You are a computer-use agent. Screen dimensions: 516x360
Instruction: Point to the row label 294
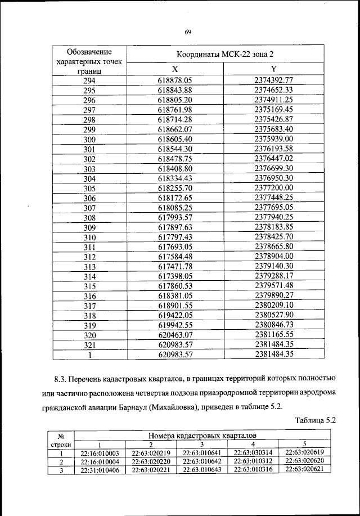89,80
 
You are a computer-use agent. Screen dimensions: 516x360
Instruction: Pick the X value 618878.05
175,80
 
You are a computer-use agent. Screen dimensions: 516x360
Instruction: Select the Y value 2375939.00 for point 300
273,138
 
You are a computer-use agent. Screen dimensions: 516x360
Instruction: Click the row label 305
89,188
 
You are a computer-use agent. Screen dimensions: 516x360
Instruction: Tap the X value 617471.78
175,266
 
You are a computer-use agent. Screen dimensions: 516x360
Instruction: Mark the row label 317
89,306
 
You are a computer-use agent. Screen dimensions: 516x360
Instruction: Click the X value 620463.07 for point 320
175,335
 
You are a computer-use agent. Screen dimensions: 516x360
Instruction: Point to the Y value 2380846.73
273,325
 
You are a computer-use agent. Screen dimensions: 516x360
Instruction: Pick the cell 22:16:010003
100,452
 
